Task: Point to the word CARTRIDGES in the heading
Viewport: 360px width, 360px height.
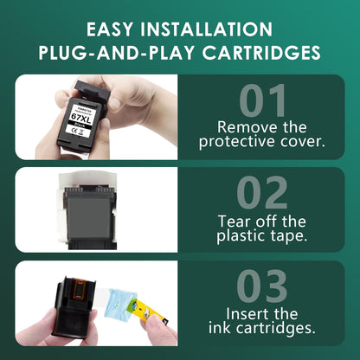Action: (259, 53)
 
